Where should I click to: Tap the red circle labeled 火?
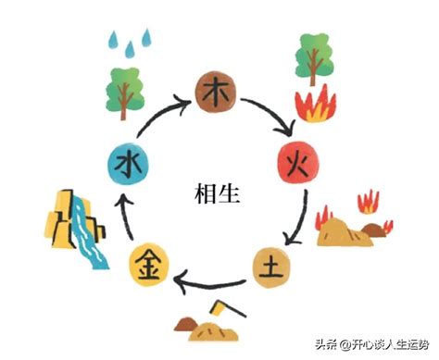pyautogui.click(x=297, y=167)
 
